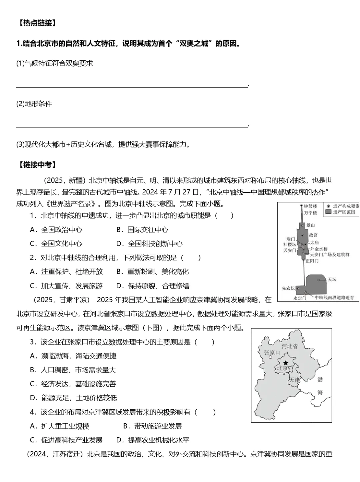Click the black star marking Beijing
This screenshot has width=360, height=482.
(x=286, y=363)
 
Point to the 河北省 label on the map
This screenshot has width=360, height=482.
(x=290, y=346)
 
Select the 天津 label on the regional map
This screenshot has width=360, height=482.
(x=294, y=380)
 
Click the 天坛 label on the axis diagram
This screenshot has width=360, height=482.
(x=332, y=280)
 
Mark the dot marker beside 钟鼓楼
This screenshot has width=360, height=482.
(x=301, y=206)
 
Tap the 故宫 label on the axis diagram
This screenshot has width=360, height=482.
(x=313, y=235)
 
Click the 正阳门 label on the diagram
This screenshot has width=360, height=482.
(x=312, y=261)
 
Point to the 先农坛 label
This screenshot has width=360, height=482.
(x=288, y=288)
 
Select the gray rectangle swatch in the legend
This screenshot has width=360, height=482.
(x=329, y=212)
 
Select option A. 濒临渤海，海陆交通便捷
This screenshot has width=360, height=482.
(x=73, y=356)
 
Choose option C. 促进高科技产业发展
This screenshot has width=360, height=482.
(x=66, y=440)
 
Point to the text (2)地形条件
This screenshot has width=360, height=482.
(x=34, y=104)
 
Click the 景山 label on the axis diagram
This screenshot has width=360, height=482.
(x=311, y=225)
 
